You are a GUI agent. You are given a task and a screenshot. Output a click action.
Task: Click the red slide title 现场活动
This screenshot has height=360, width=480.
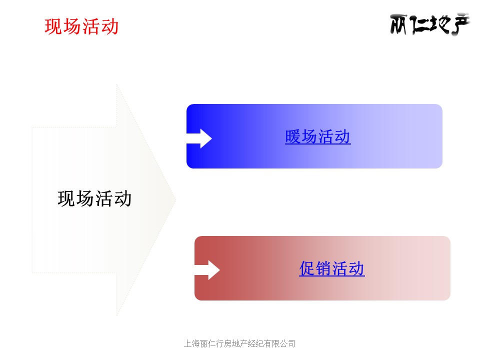pos(81,26)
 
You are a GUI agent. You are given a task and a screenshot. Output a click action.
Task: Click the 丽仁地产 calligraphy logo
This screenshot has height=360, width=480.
pos(429,24)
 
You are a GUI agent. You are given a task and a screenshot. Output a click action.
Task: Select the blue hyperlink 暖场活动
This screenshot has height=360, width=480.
pos(318,136)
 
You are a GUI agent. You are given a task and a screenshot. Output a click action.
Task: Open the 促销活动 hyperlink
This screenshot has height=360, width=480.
pos(332,268)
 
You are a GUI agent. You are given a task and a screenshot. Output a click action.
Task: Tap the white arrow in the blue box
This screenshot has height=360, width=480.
pos(199,138)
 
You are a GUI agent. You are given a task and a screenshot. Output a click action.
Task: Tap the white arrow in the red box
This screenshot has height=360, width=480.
pos(207,270)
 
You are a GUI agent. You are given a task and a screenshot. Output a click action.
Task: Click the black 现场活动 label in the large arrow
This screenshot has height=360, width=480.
pos(94,198)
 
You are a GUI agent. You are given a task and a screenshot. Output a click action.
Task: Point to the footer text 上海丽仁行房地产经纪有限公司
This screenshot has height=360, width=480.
pos(239,343)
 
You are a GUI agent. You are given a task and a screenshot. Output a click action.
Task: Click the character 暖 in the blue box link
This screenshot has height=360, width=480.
pos(293,136)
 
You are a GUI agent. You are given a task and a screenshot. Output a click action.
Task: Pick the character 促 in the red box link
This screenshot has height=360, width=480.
pos(307,268)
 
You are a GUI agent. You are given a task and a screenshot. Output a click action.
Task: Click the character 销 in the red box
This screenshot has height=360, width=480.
pos(323,268)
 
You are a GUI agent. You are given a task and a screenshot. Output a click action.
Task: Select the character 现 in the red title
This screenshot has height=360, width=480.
pos(53,26)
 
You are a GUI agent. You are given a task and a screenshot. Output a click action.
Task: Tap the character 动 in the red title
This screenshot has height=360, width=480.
pos(110,26)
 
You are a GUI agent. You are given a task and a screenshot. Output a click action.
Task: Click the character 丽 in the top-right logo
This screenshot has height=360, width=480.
pos(398,24)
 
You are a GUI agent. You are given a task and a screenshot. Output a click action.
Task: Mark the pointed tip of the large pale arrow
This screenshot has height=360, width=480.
pos(176,200)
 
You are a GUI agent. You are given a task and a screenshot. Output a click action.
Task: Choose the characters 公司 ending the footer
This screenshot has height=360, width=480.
pos(287,343)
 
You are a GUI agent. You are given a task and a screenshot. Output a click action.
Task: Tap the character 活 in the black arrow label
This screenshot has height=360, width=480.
pos(104,198)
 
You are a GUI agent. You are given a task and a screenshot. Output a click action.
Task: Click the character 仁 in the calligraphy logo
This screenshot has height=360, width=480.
pos(418,25)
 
